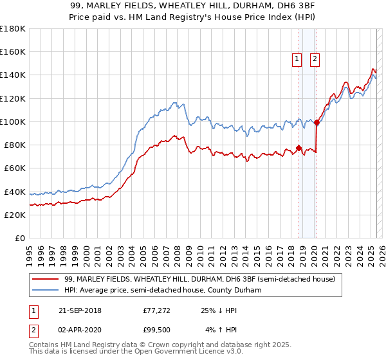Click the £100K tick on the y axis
pos(13,122)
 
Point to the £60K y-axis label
pos(15,168)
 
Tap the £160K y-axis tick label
pos(13,52)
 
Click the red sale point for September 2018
pos(299,148)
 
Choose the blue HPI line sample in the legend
pos(46,291)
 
